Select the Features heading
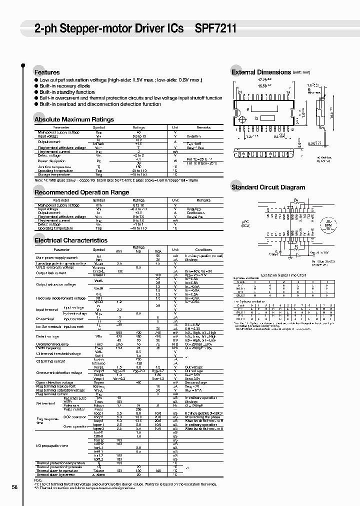click(x=46, y=72)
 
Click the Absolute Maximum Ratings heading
click(x=74, y=119)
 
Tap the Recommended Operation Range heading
click(x=81, y=192)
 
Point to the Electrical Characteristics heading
click(x=70, y=240)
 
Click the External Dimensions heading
click(x=261, y=72)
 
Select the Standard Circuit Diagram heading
click(x=268, y=187)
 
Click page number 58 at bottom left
click(x=14, y=487)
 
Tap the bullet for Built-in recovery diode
click(x=36, y=86)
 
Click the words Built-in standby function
click(x=67, y=92)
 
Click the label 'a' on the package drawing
click(x=247, y=109)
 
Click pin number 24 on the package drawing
click(x=240, y=92)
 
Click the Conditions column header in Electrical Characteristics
click(x=203, y=249)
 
